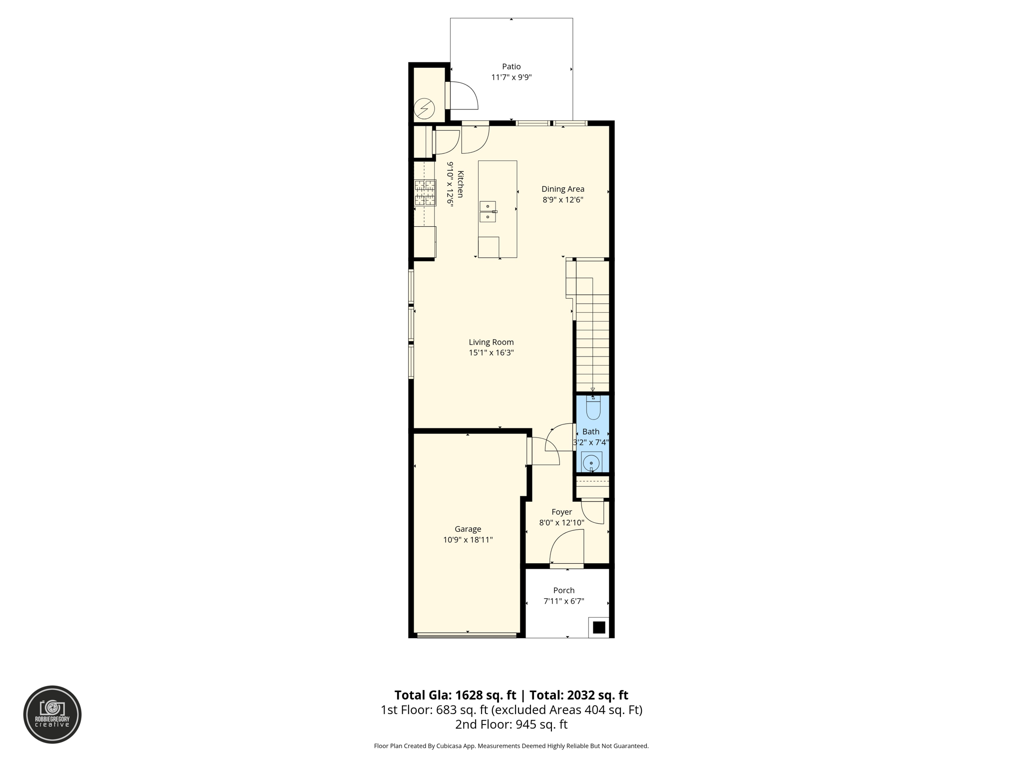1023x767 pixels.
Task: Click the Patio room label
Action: pyautogui.click(x=511, y=66)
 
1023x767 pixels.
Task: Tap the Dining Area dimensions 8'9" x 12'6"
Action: pyautogui.click(x=563, y=200)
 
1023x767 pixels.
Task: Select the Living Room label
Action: pyautogui.click(x=491, y=342)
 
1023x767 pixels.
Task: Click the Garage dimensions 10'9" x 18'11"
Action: pyautogui.click(x=468, y=540)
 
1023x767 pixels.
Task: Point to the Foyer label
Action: pyautogui.click(x=561, y=512)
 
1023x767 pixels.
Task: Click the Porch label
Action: pyautogui.click(x=563, y=590)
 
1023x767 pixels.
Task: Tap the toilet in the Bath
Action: pyautogui.click(x=593, y=408)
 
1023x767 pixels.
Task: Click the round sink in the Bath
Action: pyautogui.click(x=591, y=463)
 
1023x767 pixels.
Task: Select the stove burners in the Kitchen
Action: pyautogui.click(x=425, y=193)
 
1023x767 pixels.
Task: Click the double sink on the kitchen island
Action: pyautogui.click(x=488, y=212)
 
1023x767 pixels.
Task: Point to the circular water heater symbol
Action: pyautogui.click(x=424, y=109)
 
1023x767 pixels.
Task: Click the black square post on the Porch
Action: pyautogui.click(x=598, y=627)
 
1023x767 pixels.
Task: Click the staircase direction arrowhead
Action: pyautogui.click(x=592, y=390)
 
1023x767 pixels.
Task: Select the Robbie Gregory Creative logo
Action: pyautogui.click(x=52, y=714)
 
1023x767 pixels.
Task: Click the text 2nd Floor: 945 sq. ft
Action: pyautogui.click(x=511, y=725)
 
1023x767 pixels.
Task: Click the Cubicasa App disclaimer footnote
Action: pyautogui.click(x=511, y=746)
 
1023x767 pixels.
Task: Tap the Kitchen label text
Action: pyautogui.click(x=460, y=184)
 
